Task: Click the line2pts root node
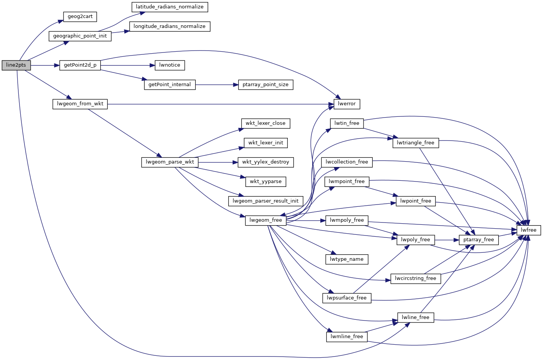click(x=16, y=65)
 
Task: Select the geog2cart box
click(x=80, y=16)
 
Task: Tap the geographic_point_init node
click(x=80, y=36)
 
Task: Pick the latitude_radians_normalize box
click(x=170, y=7)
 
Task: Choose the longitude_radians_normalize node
click(x=170, y=26)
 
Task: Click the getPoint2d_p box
click(x=80, y=65)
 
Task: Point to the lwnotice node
click(x=170, y=65)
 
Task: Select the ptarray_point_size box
click(x=266, y=85)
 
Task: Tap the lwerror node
click(x=347, y=104)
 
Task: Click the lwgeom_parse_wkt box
click(x=170, y=162)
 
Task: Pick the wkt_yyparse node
click(x=266, y=182)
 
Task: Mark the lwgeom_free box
click(x=266, y=220)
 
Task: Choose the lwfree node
click(x=529, y=230)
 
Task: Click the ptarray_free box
click(x=479, y=240)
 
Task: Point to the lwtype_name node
click(x=347, y=259)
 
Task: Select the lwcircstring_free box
click(x=416, y=278)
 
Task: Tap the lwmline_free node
click(x=347, y=337)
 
